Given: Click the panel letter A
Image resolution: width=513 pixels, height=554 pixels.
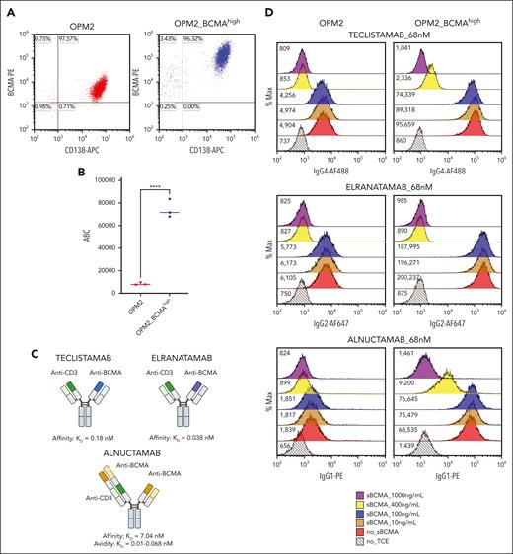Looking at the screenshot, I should (x=7, y=7).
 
